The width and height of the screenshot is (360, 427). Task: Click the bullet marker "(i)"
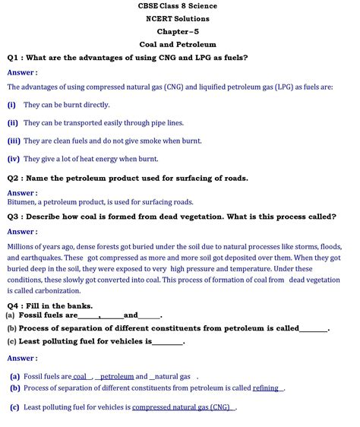click(x=11, y=105)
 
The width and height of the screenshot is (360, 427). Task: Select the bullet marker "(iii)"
click(x=14, y=141)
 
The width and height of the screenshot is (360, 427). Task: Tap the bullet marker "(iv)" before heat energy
click(x=14, y=159)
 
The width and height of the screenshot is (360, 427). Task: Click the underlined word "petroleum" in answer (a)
click(x=117, y=376)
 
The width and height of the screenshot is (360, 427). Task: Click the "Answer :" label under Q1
click(x=22, y=72)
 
